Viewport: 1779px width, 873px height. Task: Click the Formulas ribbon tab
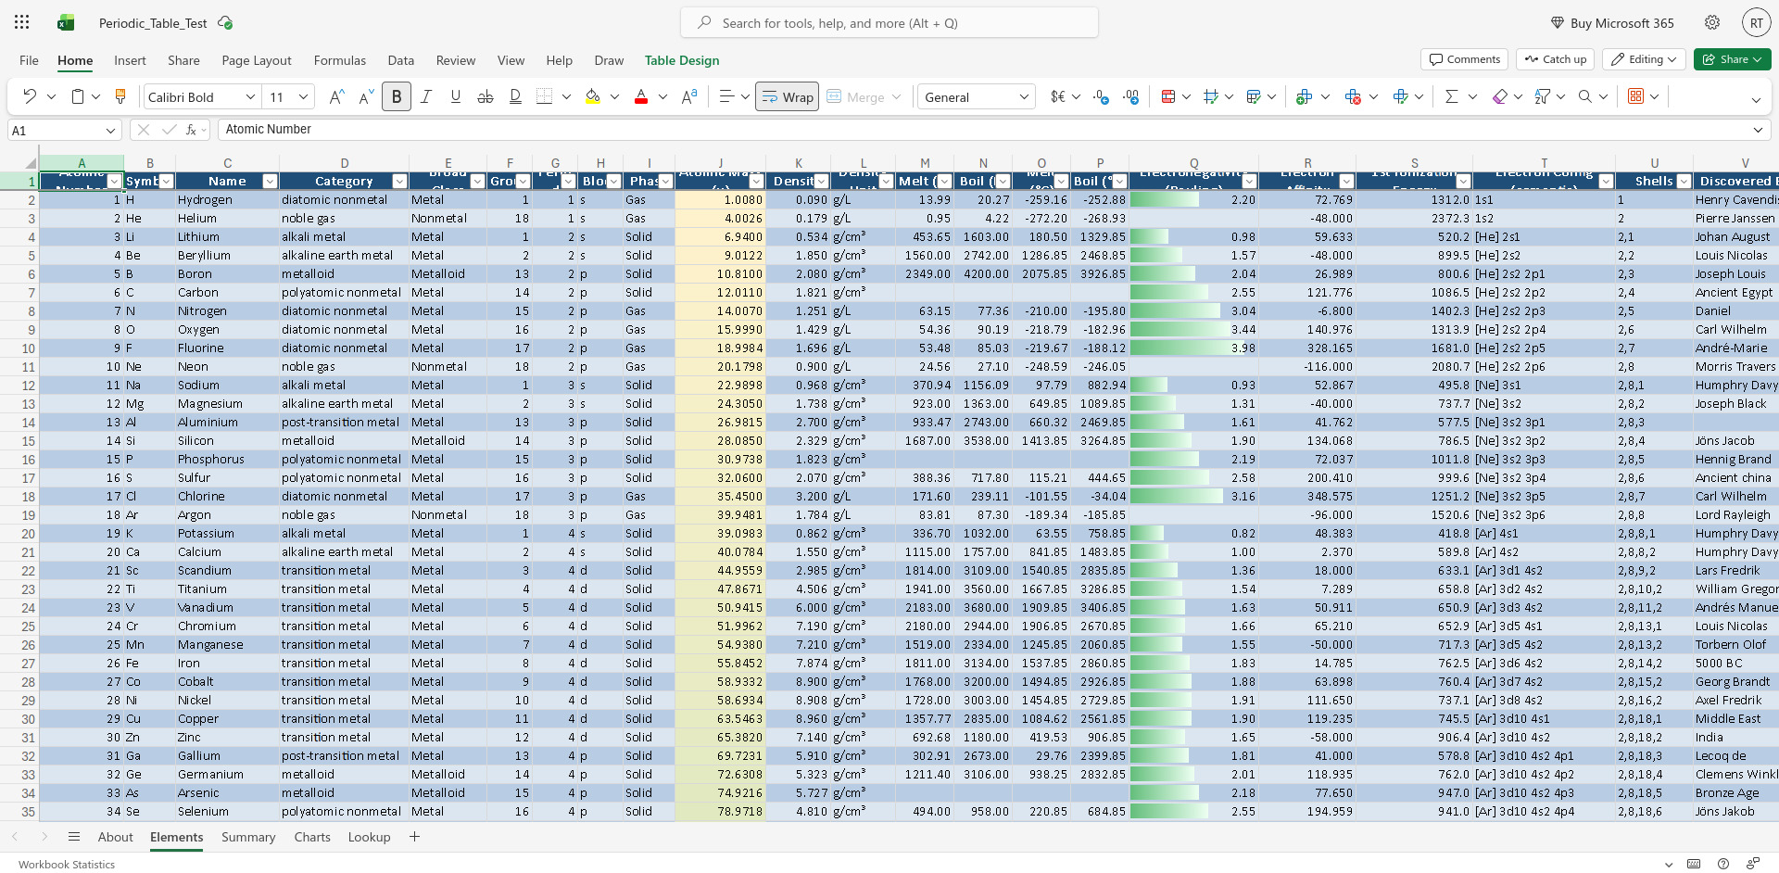point(339,60)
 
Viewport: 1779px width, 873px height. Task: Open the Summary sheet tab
point(248,837)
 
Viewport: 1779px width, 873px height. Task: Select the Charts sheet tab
point(312,837)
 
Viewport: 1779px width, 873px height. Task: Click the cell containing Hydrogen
point(205,200)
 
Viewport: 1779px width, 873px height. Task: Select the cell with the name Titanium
point(202,589)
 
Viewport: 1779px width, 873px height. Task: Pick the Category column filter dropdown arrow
point(399,182)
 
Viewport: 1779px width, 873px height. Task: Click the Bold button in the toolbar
point(397,96)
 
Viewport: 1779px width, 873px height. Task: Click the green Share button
point(1732,59)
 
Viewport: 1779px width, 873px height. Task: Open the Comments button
point(1464,59)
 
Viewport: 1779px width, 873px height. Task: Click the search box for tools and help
point(889,23)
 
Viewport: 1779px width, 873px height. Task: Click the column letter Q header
point(1193,163)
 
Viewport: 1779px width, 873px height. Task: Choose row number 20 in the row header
point(29,534)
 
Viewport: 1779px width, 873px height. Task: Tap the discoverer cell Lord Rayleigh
point(1733,515)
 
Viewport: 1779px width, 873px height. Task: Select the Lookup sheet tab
point(369,837)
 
